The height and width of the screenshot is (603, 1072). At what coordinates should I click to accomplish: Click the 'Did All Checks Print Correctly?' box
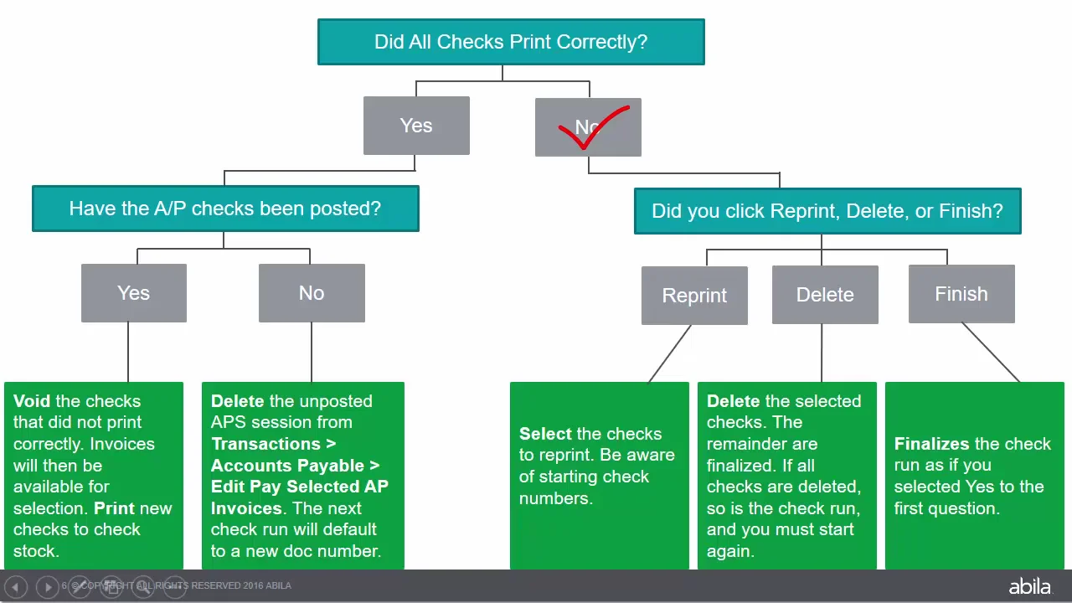[x=511, y=42]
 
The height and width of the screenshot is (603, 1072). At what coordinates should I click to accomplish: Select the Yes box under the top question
[x=416, y=126]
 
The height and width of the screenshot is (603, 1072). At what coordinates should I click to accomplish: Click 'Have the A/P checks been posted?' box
[x=224, y=209]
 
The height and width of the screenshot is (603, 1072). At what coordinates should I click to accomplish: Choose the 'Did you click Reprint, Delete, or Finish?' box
[x=827, y=211]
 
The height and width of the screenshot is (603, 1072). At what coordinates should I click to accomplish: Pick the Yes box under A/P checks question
[x=134, y=293]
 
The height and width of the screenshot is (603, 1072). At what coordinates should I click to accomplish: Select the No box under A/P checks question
[x=312, y=293]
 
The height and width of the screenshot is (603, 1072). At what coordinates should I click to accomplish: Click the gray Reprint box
[x=694, y=296]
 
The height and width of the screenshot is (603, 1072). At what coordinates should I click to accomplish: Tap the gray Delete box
[x=825, y=295]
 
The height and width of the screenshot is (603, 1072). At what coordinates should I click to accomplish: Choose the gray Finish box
[x=961, y=294]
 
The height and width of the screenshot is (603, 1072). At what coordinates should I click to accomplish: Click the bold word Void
[x=32, y=401]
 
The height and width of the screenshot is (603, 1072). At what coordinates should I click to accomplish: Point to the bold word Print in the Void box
[x=115, y=508]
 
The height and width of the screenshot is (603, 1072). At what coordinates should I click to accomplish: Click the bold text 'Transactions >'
[x=273, y=444]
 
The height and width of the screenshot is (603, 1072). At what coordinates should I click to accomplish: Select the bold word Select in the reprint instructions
[x=544, y=434]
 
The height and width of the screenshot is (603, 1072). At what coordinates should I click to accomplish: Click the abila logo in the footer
[x=1029, y=586]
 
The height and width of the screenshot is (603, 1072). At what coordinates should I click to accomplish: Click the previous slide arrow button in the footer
[x=16, y=587]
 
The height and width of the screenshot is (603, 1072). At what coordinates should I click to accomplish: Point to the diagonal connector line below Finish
[x=990, y=353]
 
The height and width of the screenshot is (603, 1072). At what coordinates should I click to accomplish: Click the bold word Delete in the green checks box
[x=733, y=401]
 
